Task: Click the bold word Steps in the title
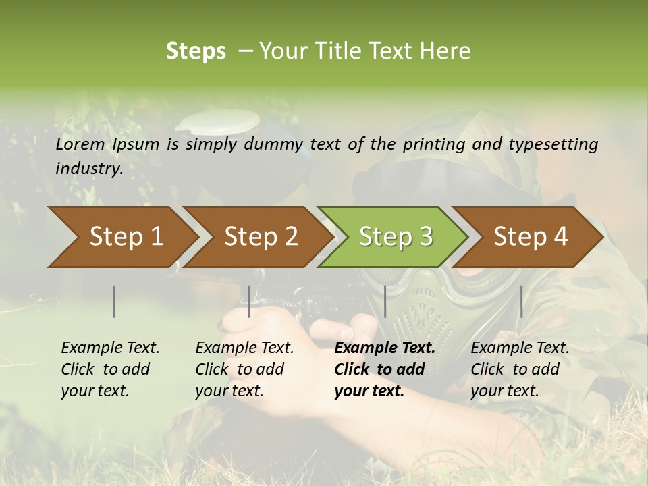click(x=196, y=51)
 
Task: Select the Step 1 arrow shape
click(x=122, y=237)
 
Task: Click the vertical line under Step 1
click(x=114, y=301)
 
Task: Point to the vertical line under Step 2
click(x=249, y=301)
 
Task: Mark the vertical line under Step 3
click(x=385, y=301)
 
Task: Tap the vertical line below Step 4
click(x=521, y=301)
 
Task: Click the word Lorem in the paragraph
click(x=80, y=144)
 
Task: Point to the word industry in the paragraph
click(x=89, y=169)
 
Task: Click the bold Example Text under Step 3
click(x=385, y=348)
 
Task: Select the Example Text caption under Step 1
click(x=110, y=348)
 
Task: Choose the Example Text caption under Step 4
click(x=520, y=348)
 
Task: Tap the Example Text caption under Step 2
click(x=244, y=348)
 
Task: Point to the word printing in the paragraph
click(x=435, y=144)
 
